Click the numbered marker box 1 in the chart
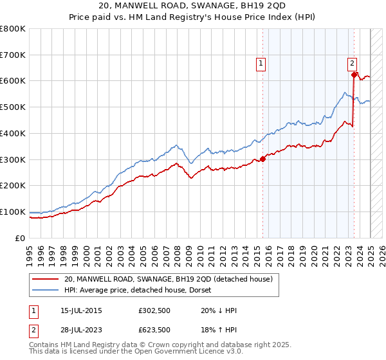[261, 63]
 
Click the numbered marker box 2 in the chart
[353, 63]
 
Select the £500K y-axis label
[13, 107]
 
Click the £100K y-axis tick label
[13, 212]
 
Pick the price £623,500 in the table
[154, 330]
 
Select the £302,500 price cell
[154, 310]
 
